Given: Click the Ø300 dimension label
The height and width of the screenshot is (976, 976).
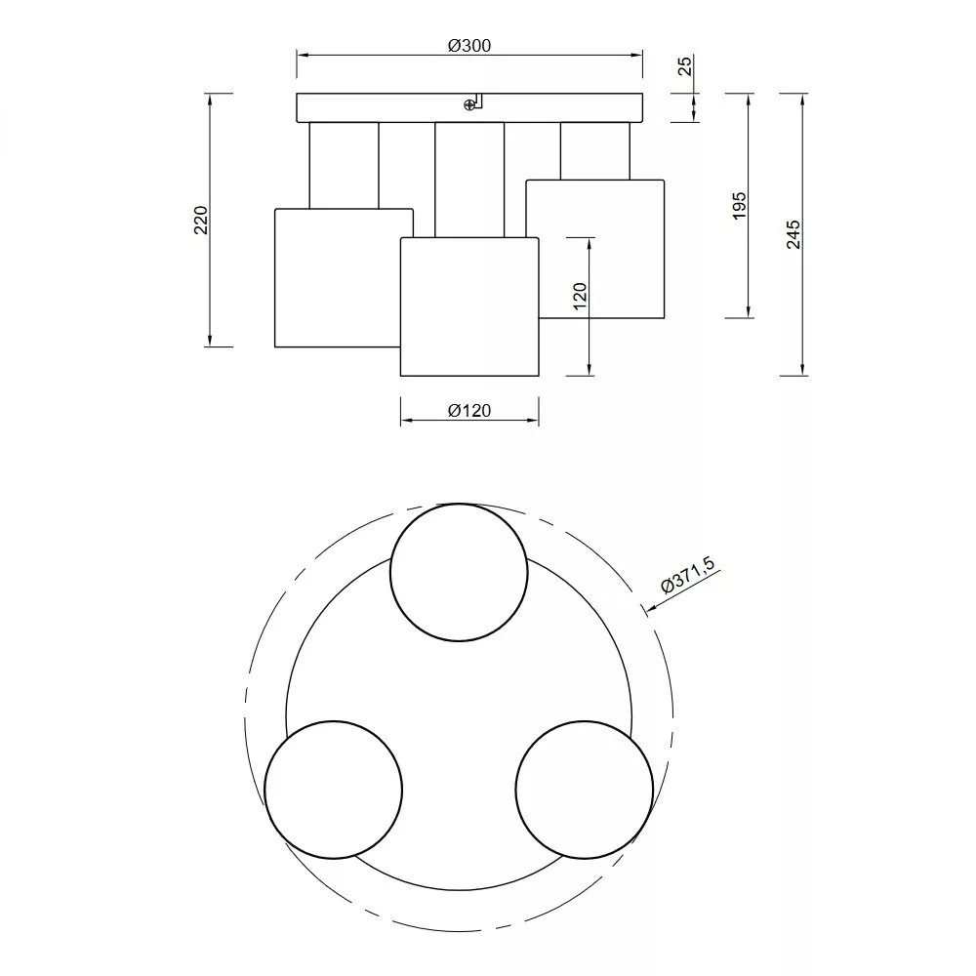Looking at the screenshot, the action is click(469, 46).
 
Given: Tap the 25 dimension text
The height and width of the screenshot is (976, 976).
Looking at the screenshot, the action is click(685, 65).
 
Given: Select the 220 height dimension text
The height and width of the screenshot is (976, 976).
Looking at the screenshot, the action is click(200, 220).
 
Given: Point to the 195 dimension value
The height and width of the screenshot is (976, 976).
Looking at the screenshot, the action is click(739, 205).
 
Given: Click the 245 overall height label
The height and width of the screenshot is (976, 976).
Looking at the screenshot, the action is click(793, 234).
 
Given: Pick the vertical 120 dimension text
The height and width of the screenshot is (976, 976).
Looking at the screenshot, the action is click(580, 297).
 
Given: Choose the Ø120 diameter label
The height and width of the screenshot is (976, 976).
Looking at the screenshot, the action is click(469, 411).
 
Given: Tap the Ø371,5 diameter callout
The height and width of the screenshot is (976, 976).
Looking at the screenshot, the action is click(688, 575).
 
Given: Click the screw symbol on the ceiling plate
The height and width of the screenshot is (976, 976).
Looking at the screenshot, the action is click(469, 105).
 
